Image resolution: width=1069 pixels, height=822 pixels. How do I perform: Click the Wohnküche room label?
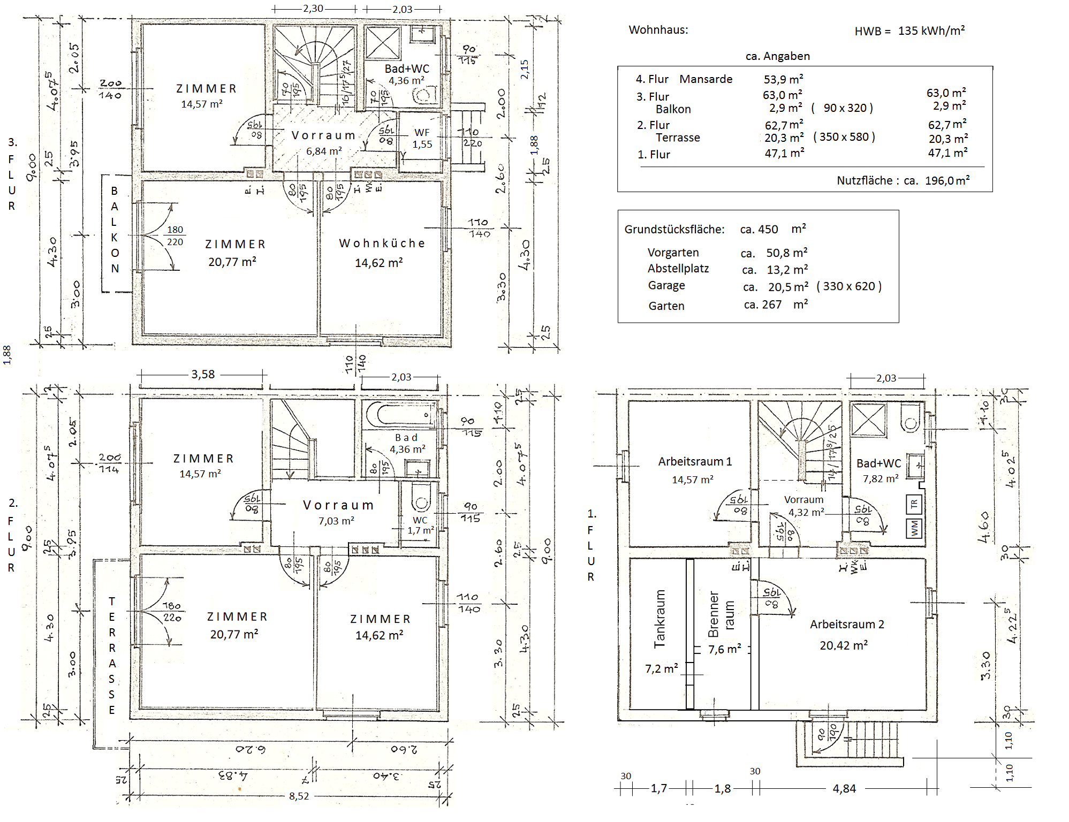click(x=382, y=243)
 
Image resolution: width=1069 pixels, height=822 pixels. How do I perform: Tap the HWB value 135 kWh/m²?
click(x=931, y=31)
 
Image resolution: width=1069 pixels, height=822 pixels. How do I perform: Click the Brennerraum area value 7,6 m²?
click(x=724, y=649)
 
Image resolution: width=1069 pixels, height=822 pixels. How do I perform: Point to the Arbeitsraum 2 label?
click(x=846, y=625)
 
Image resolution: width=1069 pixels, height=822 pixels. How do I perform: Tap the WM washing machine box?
click(x=914, y=528)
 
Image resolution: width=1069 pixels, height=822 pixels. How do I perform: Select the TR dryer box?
click(x=913, y=504)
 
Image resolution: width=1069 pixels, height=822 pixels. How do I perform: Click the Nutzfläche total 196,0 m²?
click(x=947, y=181)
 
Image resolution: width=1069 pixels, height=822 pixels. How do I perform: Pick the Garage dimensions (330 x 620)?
click(x=849, y=286)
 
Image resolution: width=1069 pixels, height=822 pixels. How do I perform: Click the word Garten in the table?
click(x=666, y=306)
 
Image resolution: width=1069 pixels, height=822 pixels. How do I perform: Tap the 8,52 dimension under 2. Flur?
click(x=299, y=796)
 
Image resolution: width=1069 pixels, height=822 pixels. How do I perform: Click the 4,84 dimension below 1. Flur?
click(x=844, y=788)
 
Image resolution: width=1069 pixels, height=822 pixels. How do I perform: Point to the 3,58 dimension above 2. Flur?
click(x=203, y=375)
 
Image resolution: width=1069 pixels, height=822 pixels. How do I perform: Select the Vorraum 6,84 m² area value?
click(x=324, y=151)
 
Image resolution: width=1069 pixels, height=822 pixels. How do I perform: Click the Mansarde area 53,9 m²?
click(x=783, y=80)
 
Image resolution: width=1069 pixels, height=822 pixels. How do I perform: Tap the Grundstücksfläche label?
click(x=674, y=230)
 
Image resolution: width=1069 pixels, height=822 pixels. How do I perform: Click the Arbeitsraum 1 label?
click(x=694, y=461)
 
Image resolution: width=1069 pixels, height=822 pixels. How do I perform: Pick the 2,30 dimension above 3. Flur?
click(x=313, y=9)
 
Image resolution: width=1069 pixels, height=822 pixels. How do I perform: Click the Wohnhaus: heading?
click(x=658, y=30)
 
